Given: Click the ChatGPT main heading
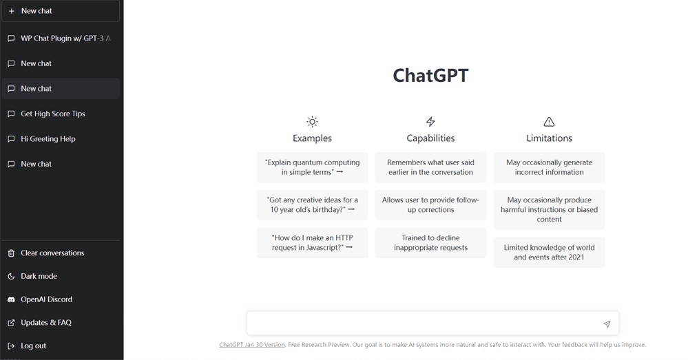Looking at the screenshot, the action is (430, 76).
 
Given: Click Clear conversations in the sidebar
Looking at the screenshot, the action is (52, 253).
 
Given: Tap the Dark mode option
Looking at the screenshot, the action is (39, 276).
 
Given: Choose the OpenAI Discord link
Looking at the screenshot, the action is (46, 299).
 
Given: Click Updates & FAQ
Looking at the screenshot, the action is (45, 323).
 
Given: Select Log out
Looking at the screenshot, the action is (33, 346).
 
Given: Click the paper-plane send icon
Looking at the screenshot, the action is (607, 324).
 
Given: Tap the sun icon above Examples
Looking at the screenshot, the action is (312, 121).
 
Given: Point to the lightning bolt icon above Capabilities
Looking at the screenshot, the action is (430, 121).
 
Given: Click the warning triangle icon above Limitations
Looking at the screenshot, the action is (549, 121).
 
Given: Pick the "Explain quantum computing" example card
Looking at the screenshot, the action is (312, 167).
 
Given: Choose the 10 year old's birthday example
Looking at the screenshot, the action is (312, 204).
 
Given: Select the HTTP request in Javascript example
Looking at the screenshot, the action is (312, 242).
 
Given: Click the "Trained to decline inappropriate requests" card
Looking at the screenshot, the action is (430, 242).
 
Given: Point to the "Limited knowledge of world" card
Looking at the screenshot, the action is (549, 252).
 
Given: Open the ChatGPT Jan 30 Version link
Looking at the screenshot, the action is (252, 345).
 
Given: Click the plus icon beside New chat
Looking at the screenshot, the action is (12, 11).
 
